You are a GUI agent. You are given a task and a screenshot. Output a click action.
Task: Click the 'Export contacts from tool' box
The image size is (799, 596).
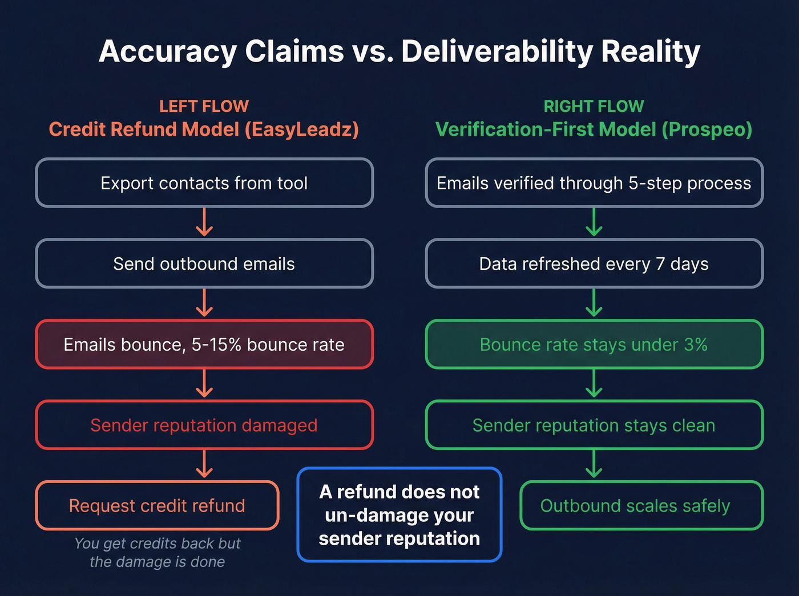(204, 183)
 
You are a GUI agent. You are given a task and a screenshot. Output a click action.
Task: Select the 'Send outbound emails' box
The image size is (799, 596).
(204, 263)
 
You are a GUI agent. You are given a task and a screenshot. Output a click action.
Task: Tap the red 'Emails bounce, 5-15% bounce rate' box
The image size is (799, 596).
(204, 344)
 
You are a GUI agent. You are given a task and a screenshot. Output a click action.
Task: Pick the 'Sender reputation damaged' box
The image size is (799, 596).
(204, 425)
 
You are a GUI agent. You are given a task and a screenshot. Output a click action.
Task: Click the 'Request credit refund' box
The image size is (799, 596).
(157, 505)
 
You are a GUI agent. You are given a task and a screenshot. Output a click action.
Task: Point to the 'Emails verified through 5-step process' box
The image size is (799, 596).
(594, 183)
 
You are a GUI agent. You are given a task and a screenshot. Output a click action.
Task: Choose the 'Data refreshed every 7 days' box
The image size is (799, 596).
(594, 263)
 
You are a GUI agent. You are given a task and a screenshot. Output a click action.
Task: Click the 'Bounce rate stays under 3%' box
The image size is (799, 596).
(594, 344)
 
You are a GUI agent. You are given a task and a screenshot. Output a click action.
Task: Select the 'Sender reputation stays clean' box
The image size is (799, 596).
(594, 425)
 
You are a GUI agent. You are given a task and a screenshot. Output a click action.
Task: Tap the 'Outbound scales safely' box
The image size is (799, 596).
(641, 505)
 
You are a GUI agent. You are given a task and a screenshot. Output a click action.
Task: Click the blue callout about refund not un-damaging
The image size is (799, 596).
(399, 515)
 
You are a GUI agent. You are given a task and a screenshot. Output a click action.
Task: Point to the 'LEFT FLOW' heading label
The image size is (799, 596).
(204, 107)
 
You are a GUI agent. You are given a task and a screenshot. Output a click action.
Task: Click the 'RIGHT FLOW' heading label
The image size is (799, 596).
(594, 107)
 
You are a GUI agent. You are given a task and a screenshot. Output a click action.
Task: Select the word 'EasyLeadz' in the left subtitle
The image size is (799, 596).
(301, 129)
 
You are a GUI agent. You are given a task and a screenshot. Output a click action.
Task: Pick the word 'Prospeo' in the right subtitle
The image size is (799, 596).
(707, 129)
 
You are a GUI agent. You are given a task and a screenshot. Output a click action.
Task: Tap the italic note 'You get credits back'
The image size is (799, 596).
(157, 544)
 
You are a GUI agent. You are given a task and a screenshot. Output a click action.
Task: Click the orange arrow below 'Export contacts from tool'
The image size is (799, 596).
(204, 222)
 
